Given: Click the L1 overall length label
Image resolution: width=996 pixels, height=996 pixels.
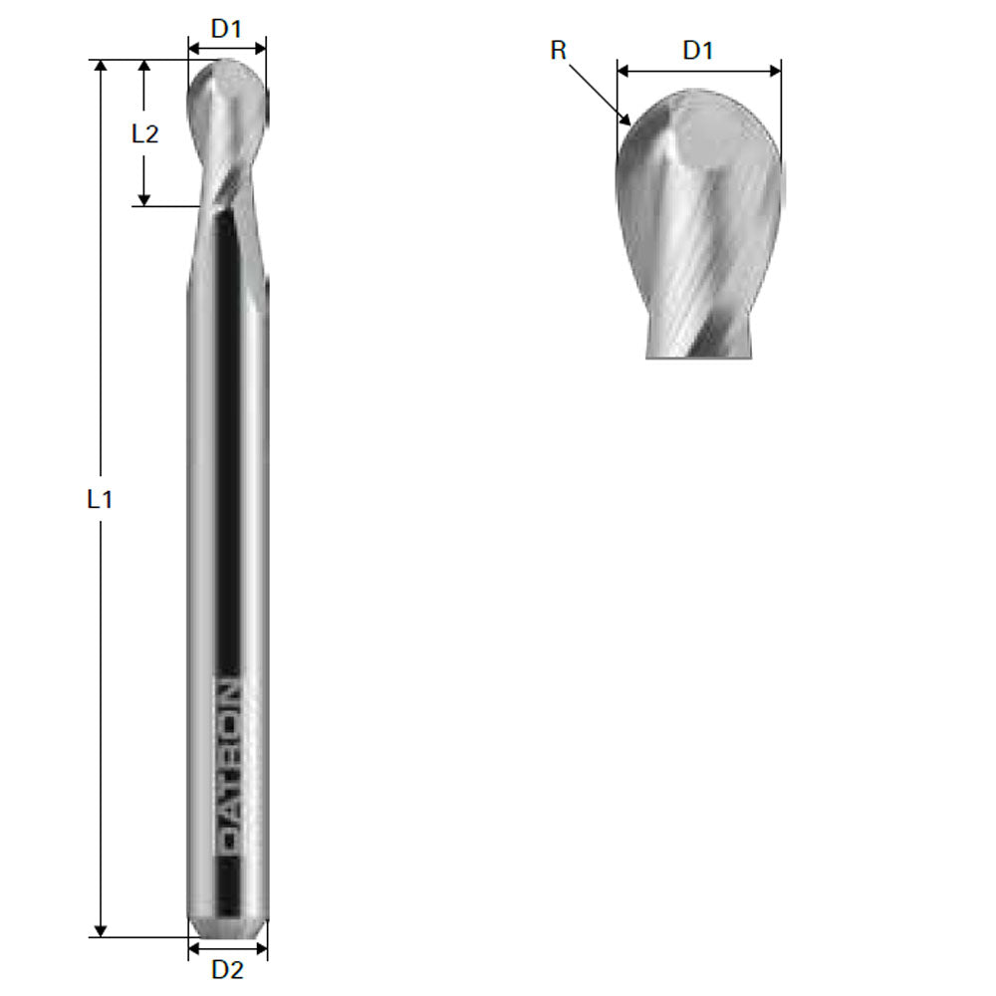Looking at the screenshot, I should click(99, 500).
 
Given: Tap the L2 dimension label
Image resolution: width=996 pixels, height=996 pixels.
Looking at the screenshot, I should click(145, 133).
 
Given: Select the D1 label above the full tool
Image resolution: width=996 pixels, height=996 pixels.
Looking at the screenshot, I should click(227, 29).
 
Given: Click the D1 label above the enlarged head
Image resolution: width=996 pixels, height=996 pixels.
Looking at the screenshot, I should click(698, 51).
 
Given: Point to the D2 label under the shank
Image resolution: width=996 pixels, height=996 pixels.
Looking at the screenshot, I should click(228, 970).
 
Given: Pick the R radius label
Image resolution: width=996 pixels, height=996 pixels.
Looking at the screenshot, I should click(559, 51).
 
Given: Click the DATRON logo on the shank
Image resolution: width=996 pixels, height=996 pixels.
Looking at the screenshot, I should click(228, 768).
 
